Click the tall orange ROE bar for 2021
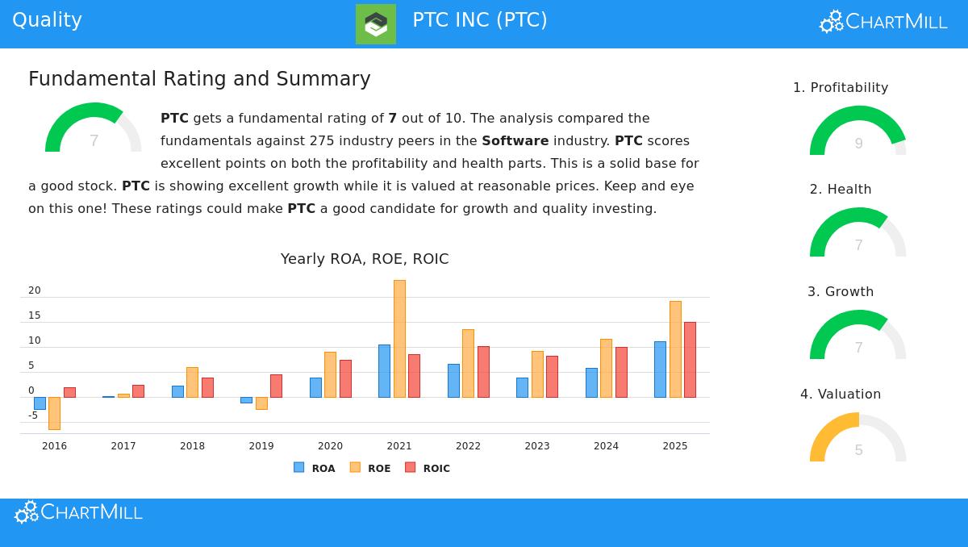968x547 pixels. pos(399,339)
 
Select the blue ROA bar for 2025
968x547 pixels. pos(660,370)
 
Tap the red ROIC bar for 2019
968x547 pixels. pos(276,386)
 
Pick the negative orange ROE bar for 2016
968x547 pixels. pos(54,413)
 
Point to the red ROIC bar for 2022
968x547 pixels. pos(483,372)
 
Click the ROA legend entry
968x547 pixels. pos(315,468)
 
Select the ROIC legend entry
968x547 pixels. pos(428,468)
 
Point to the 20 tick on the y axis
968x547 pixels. pos(34,290)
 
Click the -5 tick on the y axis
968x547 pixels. pos(33,415)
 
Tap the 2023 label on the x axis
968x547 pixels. pos(537,446)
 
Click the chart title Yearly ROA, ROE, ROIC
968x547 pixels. pos(365,259)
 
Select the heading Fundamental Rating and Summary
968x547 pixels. pos(199,79)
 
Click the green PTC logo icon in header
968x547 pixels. pos(376,24)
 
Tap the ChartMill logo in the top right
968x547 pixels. pos(883,22)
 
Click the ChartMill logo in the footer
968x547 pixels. pos(79,512)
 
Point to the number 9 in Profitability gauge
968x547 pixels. pos(858,144)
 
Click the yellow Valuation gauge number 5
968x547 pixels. pos(858,450)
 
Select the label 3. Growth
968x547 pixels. pos(841,291)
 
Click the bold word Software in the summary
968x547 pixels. pos(515,140)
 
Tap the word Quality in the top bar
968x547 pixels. pos(47,20)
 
